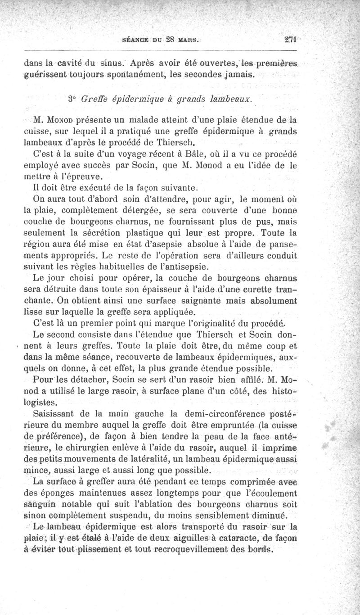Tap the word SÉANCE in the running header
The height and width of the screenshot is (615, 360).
tap(136, 40)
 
